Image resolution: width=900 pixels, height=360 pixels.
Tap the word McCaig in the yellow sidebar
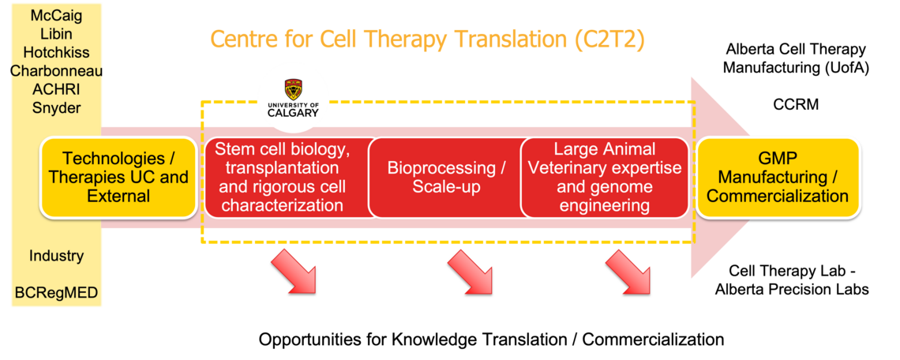click(56, 15)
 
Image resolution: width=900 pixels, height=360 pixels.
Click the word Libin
click(56, 34)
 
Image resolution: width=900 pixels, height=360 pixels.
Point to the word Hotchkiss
click(56, 52)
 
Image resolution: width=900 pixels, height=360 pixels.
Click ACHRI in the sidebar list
click(56, 89)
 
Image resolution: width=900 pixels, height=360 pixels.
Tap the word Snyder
click(56, 108)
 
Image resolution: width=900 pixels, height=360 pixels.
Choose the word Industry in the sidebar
click(56, 256)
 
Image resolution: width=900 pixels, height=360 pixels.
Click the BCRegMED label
click(56, 293)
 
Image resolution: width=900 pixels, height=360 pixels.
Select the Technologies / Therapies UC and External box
click(118, 178)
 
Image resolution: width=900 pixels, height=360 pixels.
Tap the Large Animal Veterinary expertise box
click(604, 178)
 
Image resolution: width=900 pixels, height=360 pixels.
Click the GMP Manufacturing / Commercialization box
click(778, 178)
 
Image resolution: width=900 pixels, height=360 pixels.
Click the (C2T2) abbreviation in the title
click(609, 39)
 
